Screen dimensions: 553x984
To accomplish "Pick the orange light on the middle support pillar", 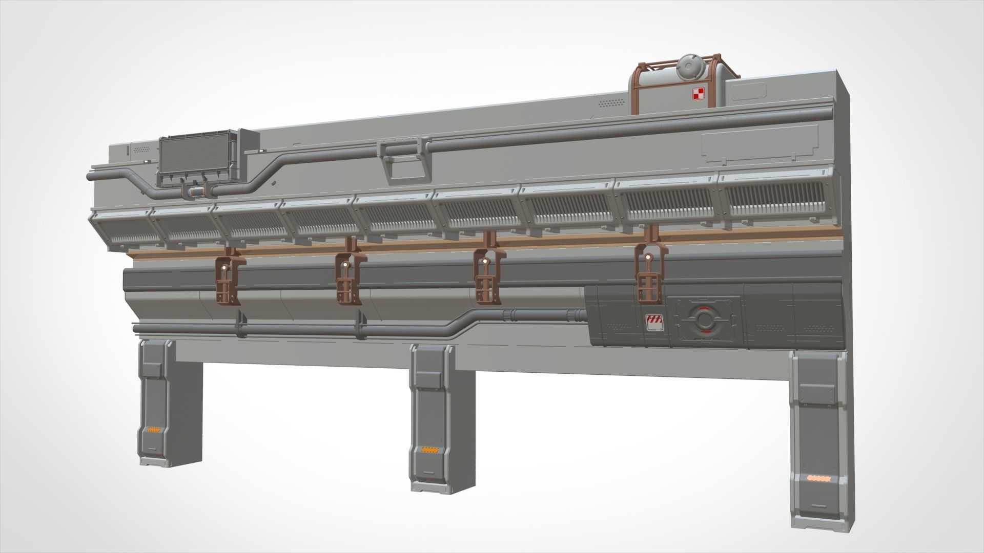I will [x=426, y=450].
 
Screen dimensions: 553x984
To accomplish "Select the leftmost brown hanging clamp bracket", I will [x=229, y=279].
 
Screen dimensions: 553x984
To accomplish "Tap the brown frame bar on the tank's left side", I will [x=636, y=87].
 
